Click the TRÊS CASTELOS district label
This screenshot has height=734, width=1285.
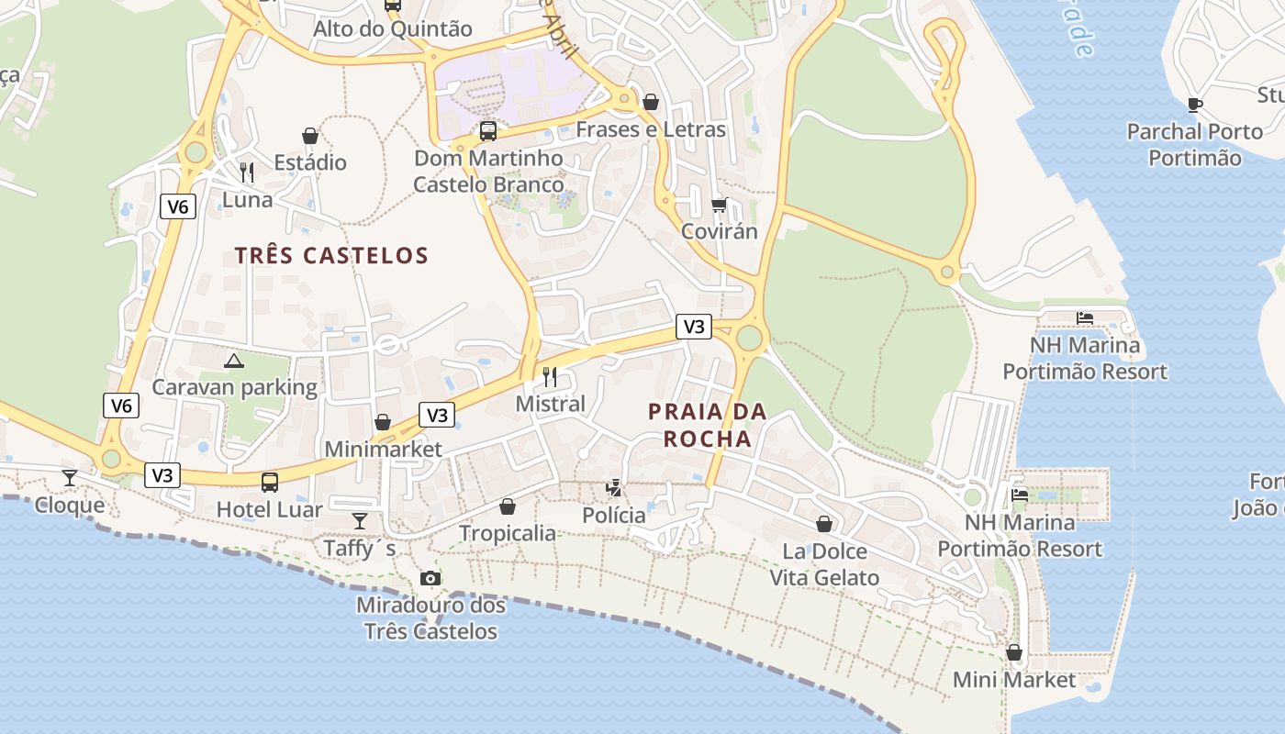[331, 255]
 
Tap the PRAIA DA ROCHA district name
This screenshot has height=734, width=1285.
[708, 425]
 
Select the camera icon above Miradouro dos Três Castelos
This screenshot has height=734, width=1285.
[430, 578]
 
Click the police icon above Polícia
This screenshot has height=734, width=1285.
[613, 488]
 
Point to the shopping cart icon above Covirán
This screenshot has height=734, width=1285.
[719, 204]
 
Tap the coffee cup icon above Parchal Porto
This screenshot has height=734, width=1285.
[1194, 105]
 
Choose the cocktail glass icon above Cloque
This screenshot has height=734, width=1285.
[70, 477]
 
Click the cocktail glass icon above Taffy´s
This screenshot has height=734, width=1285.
[360, 521]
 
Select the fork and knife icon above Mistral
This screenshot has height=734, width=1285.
[550, 376]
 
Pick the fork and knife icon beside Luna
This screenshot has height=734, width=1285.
[246, 172]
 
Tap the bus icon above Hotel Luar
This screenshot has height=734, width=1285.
[270, 482]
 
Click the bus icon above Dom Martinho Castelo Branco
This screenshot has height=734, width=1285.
[488, 130]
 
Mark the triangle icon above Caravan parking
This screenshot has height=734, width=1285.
[234, 361]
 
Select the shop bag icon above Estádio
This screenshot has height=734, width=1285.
[310, 136]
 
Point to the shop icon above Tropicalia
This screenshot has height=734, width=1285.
[508, 506]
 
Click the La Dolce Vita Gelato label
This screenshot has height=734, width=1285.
[824, 564]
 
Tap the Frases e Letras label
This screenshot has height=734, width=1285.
[651, 129]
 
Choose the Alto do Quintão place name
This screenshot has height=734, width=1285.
[393, 28]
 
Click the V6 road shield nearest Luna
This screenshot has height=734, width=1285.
[178, 206]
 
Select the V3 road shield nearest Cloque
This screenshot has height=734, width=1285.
[162, 475]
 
